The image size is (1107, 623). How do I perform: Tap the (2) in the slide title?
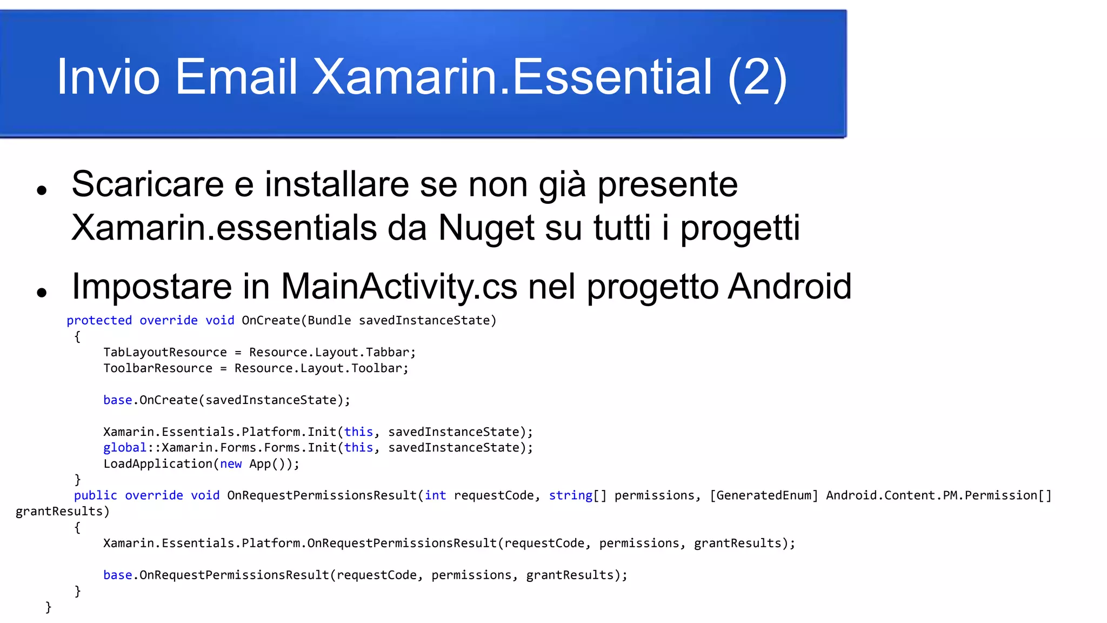click(x=757, y=77)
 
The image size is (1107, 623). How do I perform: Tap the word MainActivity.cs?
click(x=399, y=286)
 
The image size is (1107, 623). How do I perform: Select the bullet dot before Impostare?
click(x=42, y=293)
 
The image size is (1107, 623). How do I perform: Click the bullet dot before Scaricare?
click(x=42, y=190)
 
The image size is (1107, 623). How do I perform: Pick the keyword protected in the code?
click(x=99, y=320)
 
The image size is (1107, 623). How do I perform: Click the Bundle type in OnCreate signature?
click(x=329, y=320)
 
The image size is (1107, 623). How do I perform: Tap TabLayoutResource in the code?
click(x=165, y=352)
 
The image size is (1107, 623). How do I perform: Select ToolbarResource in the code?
click(x=158, y=368)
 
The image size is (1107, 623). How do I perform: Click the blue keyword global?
click(x=125, y=448)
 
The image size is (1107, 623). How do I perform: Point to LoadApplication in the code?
click(x=157, y=463)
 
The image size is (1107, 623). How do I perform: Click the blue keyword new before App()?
click(x=231, y=463)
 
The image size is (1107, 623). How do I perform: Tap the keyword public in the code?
click(x=96, y=495)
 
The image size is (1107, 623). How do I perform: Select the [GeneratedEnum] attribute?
click(x=764, y=495)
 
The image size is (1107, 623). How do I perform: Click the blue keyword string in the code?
click(x=570, y=495)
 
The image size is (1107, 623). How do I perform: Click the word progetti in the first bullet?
click(x=739, y=228)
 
